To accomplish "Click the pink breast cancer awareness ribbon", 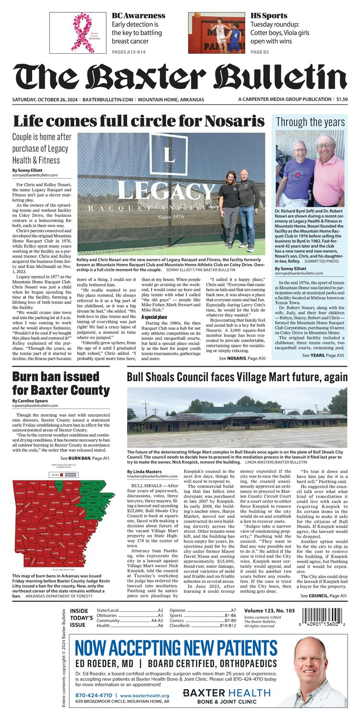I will click(82, 32).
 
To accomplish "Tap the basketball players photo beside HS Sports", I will click(217, 33).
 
